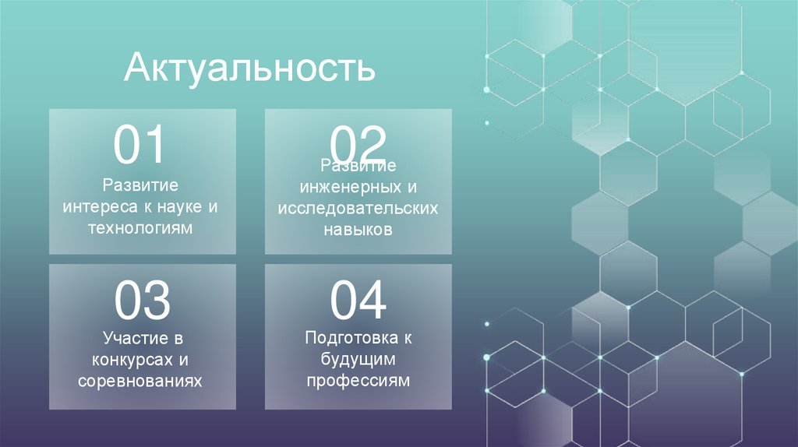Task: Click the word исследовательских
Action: [x=358, y=209]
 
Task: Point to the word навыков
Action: [x=358, y=230]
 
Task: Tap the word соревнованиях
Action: [x=141, y=382]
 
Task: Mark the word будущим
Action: [x=358, y=360]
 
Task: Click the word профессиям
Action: [x=358, y=381]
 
